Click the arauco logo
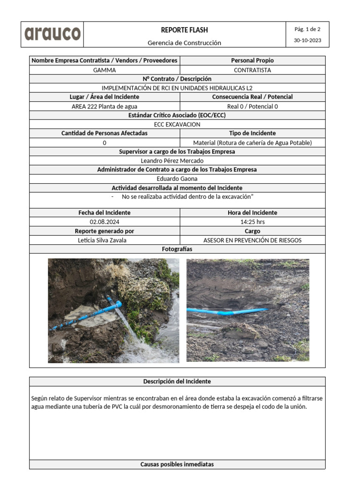(52, 34)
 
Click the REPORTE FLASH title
(184, 30)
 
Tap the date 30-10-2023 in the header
(307, 40)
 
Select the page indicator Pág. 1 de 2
(307, 29)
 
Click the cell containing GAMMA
(105, 70)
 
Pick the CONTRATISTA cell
(252, 70)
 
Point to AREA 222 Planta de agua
(105, 106)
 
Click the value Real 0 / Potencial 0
(252, 106)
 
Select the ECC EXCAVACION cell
(177, 125)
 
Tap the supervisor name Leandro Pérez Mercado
(177, 161)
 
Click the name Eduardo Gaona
(177, 179)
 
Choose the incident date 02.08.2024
(105, 222)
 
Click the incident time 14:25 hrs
(252, 222)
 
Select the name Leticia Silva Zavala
(105, 240)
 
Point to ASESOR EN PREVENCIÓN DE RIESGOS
(252, 240)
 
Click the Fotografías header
(177, 249)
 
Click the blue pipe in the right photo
(225, 311)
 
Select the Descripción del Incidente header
(177, 382)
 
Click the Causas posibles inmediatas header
(177, 465)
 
